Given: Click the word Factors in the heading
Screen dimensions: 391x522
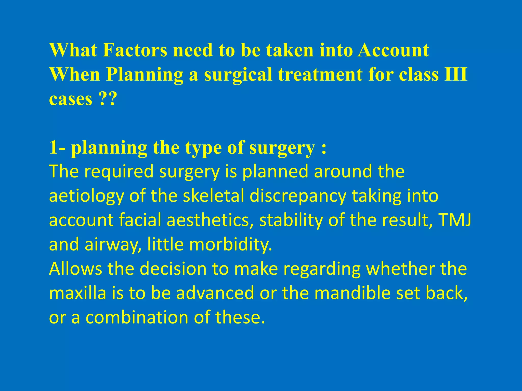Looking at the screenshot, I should click(x=135, y=50).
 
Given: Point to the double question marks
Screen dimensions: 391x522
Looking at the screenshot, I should click(x=107, y=99).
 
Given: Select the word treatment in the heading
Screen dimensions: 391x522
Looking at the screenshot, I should click(x=320, y=75).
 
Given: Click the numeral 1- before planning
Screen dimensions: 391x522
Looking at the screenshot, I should click(x=57, y=148).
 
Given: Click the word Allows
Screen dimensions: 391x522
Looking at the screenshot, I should click(x=75, y=269).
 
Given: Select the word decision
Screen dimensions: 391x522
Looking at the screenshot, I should click(x=173, y=269).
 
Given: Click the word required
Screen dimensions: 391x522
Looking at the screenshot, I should click(x=119, y=172).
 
